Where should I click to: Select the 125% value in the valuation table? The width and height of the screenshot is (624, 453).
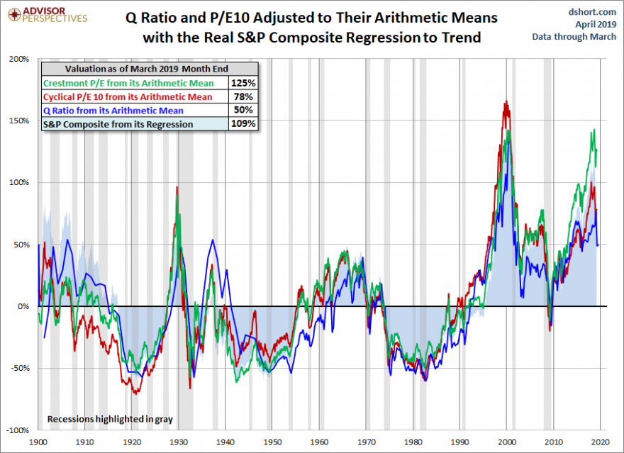(x=243, y=82)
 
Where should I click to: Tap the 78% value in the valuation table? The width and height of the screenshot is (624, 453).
(x=243, y=96)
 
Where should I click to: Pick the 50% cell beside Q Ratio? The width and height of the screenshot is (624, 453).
(x=243, y=110)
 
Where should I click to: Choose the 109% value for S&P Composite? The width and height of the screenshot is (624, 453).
(x=243, y=124)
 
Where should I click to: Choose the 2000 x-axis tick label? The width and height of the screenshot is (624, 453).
(x=507, y=440)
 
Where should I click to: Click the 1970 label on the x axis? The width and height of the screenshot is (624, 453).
(x=366, y=440)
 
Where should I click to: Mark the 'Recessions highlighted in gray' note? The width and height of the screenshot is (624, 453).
(x=110, y=419)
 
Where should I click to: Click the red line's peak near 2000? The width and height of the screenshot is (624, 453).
(x=506, y=103)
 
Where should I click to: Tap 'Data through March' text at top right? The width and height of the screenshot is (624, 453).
(x=574, y=37)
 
